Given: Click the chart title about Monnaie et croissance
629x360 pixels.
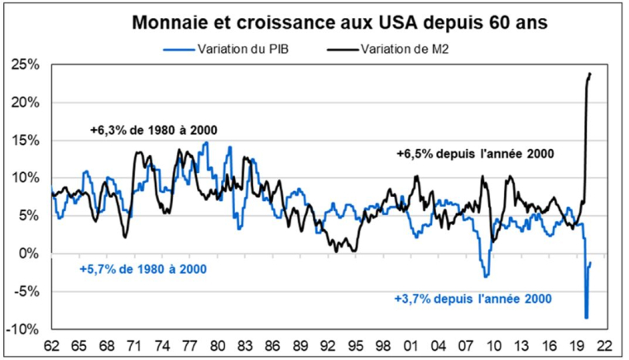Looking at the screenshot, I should [x=327, y=23].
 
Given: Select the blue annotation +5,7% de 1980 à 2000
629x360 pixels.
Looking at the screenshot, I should [x=142, y=270].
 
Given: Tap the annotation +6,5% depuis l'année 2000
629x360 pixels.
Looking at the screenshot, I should [x=474, y=153].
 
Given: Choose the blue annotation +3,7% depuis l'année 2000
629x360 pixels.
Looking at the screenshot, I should [x=473, y=297].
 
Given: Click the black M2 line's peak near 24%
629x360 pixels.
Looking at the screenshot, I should [x=590, y=73].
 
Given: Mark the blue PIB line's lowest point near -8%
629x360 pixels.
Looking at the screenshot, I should [x=586, y=317].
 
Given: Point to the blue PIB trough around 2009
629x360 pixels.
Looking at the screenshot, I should [x=487, y=276].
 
